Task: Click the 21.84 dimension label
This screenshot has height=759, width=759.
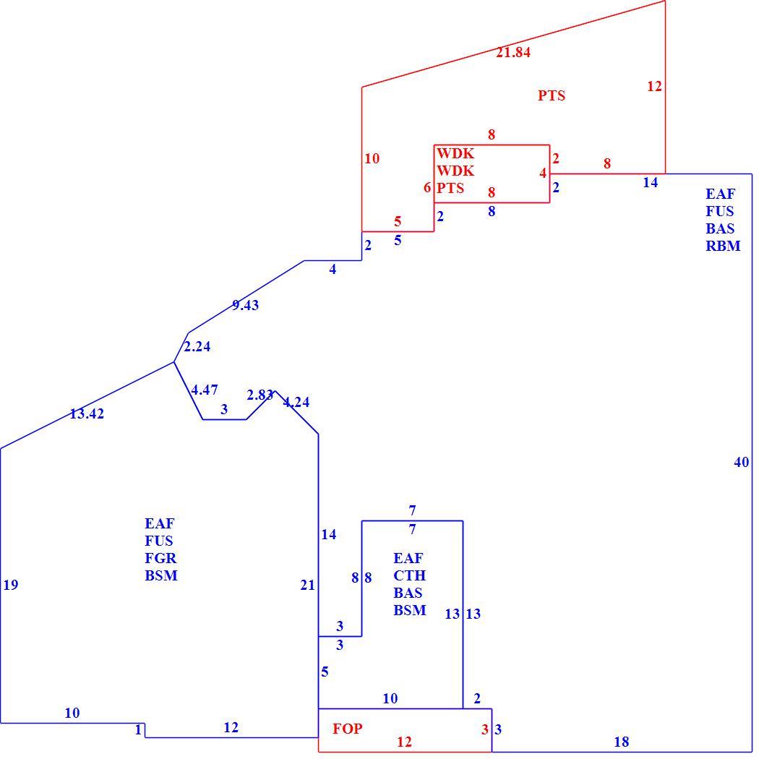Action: (x=513, y=52)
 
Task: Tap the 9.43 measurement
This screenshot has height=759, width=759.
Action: (x=246, y=305)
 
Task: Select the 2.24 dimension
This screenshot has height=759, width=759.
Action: (x=197, y=346)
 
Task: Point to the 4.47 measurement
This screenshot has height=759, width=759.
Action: (x=205, y=390)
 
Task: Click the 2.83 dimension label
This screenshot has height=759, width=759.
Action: (x=260, y=395)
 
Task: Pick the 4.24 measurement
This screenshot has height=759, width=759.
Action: (x=296, y=402)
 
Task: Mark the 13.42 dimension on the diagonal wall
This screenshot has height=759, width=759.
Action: (x=87, y=414)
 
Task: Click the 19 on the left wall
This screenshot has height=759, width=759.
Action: (x=11, y=585)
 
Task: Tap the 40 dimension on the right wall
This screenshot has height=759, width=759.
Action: (x=742, y=463)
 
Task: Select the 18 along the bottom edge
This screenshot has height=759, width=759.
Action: (x=622, y=742)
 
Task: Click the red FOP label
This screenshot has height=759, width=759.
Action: (x=348, y=729)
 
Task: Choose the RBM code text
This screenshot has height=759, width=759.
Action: (x=723, y=246)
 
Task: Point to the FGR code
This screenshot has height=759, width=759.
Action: (x=160, y=558)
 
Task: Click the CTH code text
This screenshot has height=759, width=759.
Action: (x=410, y=575)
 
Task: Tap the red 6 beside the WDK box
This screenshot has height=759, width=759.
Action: (x=427, y=188)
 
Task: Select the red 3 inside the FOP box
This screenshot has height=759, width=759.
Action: (x=485, y=729)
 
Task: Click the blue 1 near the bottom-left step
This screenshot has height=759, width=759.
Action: (x=139, y=729)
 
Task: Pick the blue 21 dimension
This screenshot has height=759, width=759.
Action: (x=308, y=586)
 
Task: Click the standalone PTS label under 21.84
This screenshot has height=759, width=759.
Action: (x=552, y=95)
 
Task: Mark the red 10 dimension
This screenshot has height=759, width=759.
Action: (x=372, y=158)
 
